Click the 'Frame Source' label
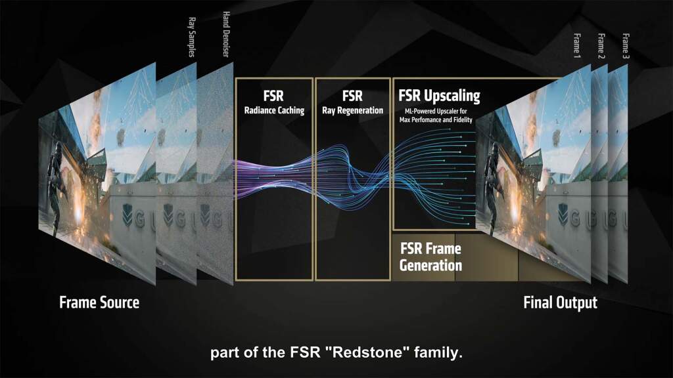[x=99, y=303]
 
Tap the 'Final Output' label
[x=560, y=303]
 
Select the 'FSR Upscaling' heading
[x=439, y=96]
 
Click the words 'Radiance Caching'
[x=275, y=110]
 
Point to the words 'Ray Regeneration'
[x=352, y=110]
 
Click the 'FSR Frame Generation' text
[x=430, y=257]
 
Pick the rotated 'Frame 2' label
[x=601, y=45]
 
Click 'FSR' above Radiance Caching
[x=275, y=94]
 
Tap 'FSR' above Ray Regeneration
[x=352, y=94]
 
